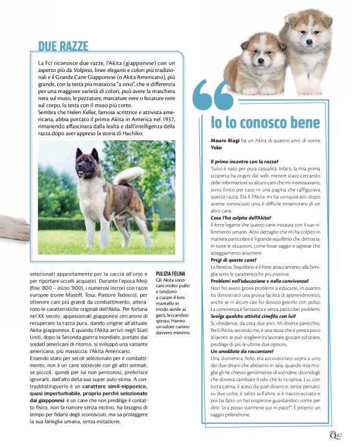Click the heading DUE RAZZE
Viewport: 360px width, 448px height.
63,46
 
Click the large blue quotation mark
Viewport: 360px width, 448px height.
214,99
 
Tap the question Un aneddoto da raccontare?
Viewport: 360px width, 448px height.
243,351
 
